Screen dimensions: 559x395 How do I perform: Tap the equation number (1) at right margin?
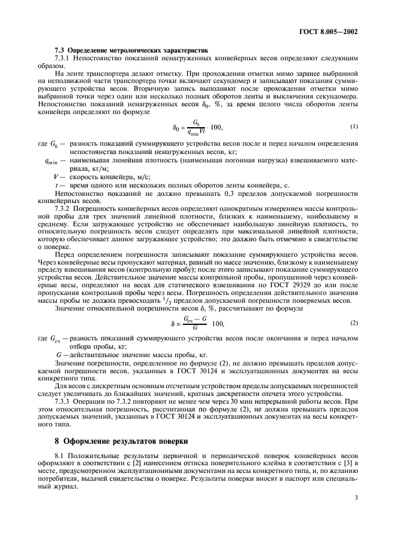tap(353, 126)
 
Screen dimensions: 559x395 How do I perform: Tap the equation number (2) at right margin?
tap(353, 322)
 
